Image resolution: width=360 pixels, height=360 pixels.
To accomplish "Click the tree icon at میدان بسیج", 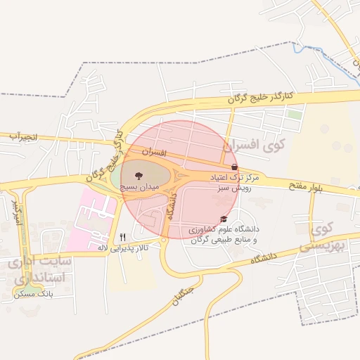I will (136, 174).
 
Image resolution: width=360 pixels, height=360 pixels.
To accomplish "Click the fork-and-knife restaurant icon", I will (123, 236).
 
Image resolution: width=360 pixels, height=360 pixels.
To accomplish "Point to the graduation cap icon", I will (224, 219).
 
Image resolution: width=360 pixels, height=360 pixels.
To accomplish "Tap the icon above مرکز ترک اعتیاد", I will (234, 167).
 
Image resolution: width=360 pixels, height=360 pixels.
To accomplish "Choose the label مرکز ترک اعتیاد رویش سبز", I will (234, 184).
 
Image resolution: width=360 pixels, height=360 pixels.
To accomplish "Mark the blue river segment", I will (309, 50).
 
